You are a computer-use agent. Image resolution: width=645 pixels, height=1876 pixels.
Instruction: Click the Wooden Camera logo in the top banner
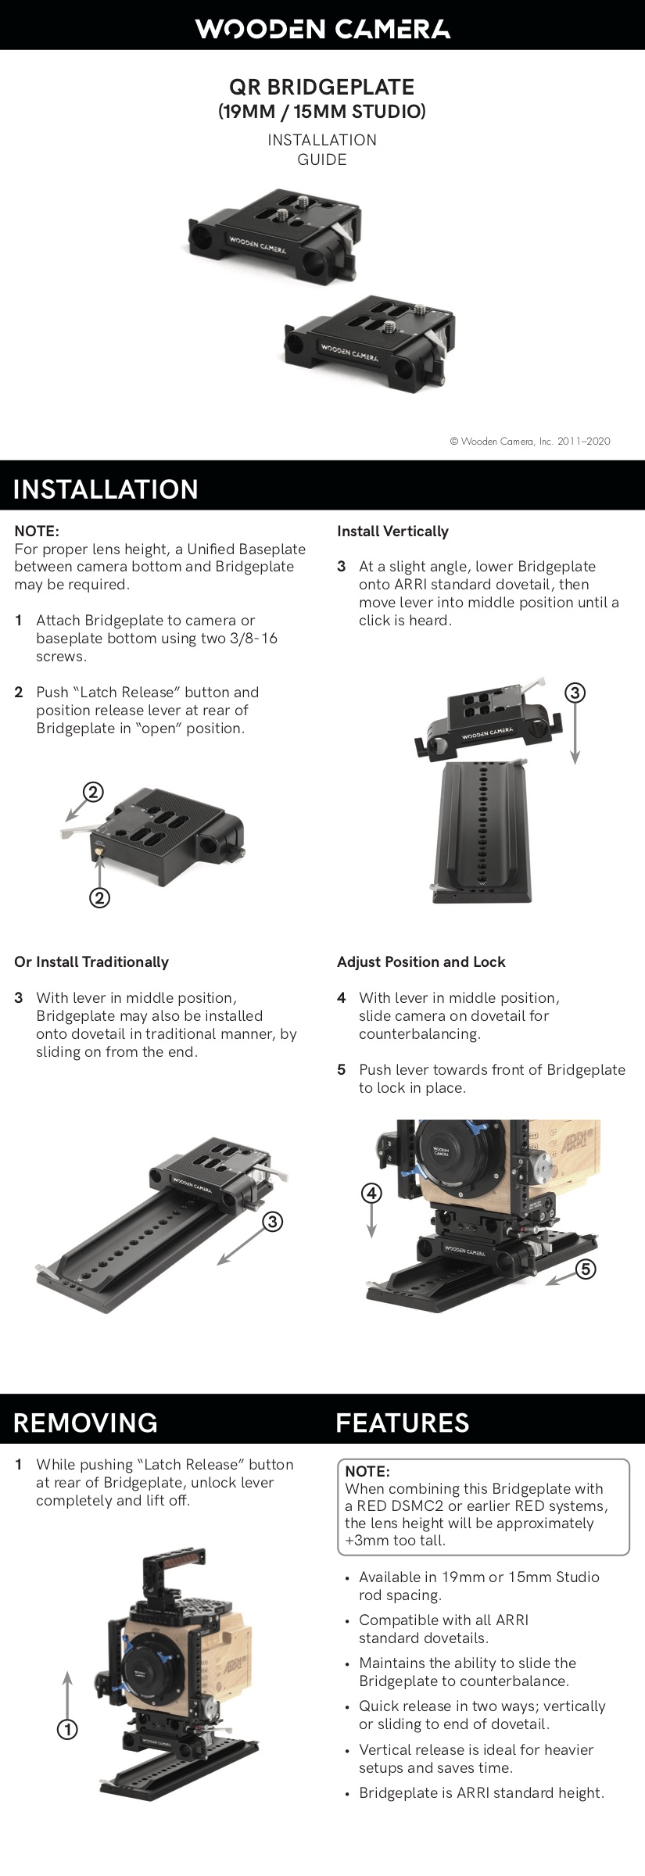322,29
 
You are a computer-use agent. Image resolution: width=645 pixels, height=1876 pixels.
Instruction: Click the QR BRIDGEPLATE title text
321,87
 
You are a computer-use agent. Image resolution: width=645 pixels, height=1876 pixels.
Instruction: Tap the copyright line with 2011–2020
530,441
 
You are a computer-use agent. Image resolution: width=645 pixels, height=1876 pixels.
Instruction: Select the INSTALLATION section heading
106,489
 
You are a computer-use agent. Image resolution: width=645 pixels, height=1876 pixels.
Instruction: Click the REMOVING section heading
85,1423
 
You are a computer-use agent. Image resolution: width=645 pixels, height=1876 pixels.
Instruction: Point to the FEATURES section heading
402,1423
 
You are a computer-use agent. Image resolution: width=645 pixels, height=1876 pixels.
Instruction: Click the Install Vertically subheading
392,532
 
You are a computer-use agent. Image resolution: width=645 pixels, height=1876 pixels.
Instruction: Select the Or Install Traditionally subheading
91,962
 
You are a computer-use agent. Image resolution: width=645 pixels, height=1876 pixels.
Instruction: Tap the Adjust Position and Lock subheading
421,962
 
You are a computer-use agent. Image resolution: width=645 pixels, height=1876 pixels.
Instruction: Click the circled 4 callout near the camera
371,1194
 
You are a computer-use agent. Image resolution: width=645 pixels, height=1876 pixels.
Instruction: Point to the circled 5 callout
586,1269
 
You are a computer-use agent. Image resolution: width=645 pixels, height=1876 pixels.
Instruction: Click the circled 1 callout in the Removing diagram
68,1730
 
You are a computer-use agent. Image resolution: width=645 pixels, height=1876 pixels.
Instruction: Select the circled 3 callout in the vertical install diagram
575,693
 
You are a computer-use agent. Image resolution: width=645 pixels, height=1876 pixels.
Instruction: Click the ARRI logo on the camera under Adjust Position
577,1144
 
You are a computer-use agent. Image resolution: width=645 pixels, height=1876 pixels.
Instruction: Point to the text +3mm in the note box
364,1541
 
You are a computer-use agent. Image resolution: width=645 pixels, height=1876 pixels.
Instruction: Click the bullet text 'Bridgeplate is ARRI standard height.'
481,1792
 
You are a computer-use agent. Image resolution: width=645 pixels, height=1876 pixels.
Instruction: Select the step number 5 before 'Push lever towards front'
341,1070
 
